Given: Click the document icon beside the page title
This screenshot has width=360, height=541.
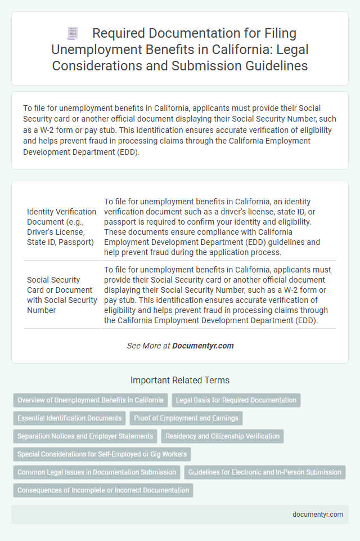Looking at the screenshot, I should coord(72,34).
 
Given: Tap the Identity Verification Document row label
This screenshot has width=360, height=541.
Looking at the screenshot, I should coord(62,226).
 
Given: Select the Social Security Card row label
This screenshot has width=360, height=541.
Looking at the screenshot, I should coord(62,295).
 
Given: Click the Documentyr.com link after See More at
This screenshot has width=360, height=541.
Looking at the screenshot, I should coord(203,346).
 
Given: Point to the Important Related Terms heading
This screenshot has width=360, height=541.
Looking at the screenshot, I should coord(180,380).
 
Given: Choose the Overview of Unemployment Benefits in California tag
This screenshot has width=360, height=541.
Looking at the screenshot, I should coord(90,400).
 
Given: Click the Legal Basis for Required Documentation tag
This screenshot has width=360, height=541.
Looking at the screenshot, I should coord(236,400).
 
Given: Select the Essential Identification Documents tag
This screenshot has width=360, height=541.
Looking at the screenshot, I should coord(69,418).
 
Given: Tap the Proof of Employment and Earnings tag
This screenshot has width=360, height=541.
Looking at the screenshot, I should coord(186,418).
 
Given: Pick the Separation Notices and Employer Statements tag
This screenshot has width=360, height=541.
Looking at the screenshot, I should coord(85,436).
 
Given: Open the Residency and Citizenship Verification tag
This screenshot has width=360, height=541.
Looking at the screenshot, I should coord(223,436).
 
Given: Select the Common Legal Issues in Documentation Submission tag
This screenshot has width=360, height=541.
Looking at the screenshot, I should coord(96,472).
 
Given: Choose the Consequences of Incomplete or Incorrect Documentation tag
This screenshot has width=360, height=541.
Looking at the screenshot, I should coord(103,490).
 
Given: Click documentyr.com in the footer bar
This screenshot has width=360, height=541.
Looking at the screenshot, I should coord(318,514).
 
